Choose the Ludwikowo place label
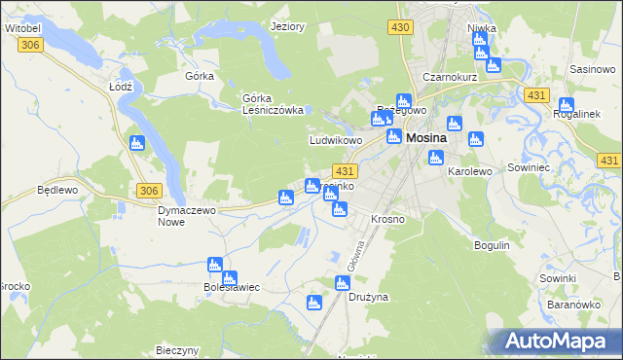point(336,140)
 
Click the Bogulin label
point(492,244)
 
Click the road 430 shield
point(400,28)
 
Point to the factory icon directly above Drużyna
point(341,283)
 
